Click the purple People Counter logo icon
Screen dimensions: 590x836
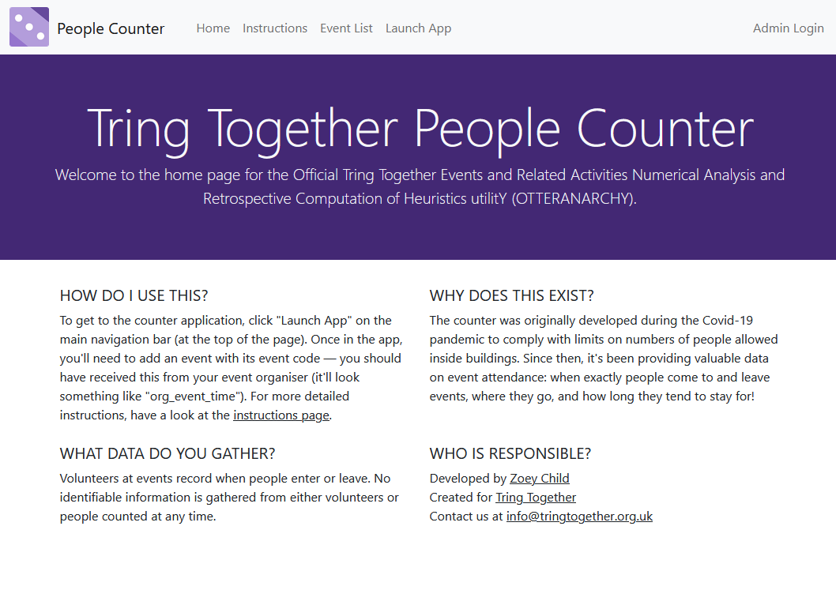(x=29, y=28)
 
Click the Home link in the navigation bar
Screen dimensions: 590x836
(x=213, y=28)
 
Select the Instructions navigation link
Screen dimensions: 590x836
(x=275, y=28)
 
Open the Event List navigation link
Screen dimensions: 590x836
(x=346, y=28)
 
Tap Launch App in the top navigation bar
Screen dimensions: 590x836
(x=418, y=28)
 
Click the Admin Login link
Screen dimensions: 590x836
(x=788, y=28)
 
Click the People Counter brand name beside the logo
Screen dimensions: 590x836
(x=111, y=29)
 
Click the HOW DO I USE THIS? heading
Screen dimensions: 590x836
(x=134, y=296)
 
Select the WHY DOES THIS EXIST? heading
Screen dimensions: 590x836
(x=511, y=296)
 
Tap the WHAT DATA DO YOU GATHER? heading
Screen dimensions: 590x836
(x=168, y=454)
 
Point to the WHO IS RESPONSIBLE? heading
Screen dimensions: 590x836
(x=510, y=454)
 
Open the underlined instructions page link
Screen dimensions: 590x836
(x=281, y=415)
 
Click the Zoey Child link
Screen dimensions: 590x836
(x=540, y=479)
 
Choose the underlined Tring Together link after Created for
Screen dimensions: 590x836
(x=536, y=498)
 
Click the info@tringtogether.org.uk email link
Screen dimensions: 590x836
(x=579, y=517)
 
